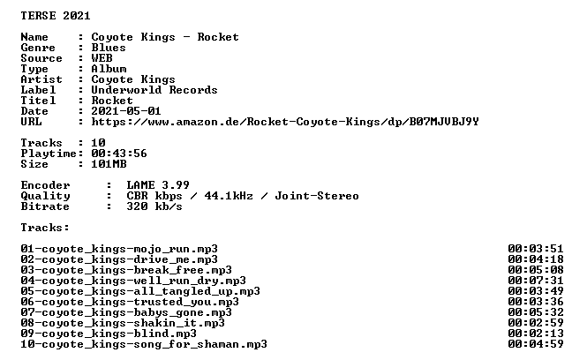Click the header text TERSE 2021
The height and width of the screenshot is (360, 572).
click(x=56, y=16)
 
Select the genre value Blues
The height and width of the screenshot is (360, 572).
click(x=109, y=48)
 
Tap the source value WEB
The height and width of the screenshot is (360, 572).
click(x=102, y=58)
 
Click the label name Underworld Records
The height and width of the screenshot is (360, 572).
click(x=154, y=90)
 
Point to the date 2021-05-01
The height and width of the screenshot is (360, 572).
click(x=126, y=111)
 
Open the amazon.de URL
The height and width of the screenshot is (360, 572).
click(x=285, y=122)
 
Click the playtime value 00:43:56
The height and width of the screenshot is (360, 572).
click(x=119, y=154)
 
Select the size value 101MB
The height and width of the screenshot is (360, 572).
click(x=109, y=164)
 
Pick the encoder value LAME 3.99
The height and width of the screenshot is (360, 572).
click(x=158, y=185)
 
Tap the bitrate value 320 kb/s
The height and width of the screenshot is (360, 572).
click(x=154, y=206)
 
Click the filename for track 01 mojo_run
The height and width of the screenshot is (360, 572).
click(x=119, y=249)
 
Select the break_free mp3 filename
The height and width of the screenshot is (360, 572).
click(x=126, y=270)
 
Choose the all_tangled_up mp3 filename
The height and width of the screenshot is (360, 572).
click(x=140, y=291)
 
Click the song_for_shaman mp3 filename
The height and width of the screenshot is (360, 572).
click(x=144, y=344)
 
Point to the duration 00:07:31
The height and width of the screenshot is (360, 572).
click(x=536, y=281)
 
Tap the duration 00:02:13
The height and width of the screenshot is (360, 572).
click(x=536, y=334)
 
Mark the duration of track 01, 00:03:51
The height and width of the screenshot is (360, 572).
click(x=536, y=249)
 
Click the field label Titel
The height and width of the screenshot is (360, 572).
click(x=38, y=101)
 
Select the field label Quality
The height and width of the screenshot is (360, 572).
click(x=45, y=196)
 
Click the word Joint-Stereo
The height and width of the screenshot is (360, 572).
click(x=317, y=196)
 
